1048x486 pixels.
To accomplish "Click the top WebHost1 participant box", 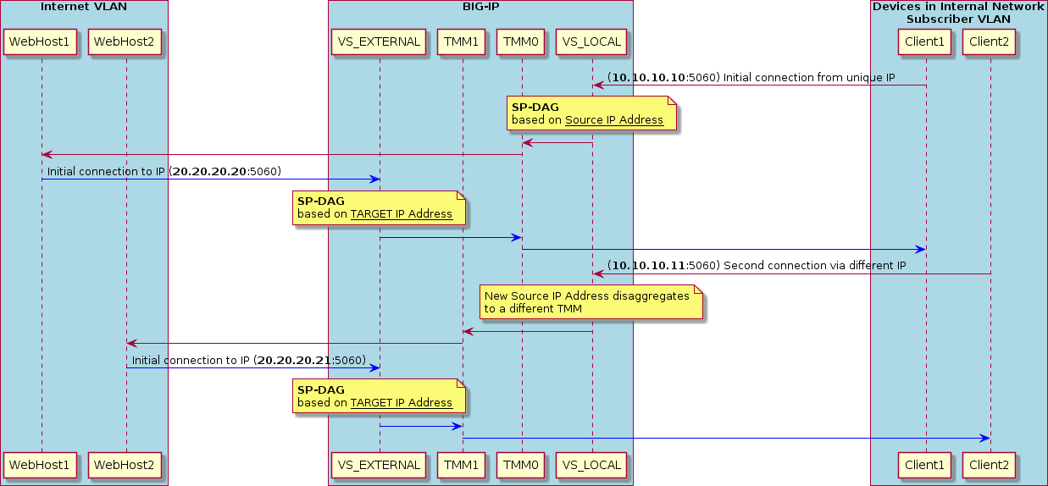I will pyautogui.click(x=42, y=41).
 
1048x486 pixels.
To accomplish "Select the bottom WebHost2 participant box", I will pyautogui.click(x=126, y=465).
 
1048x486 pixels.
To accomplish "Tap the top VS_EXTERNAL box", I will pyautogui.click(x=380, y=41).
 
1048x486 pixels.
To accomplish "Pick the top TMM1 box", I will pyautogui.click(x=463, y=41).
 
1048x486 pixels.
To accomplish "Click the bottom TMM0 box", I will pyautogui.click(x=522, y=465).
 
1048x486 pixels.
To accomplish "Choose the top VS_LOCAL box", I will pyautogui.click(x=591, y=41).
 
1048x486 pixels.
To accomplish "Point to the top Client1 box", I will pyautogui.click(x=926, y=41).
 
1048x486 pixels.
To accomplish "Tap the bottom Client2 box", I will pyautogui.click(x=990, y=465).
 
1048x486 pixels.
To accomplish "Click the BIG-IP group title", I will pyautogui.click(x=480, y=7).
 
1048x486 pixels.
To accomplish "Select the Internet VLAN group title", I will pyautogui.click(x=83, y=7).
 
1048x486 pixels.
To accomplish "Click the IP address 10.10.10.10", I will pyautogui.click(x=648, y=78).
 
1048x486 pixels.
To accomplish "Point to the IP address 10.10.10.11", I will pyautogui.click(x=648, y=267).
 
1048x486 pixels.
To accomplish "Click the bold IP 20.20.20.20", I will pyautogui.click(x=209, y=172).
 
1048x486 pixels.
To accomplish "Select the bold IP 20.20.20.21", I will pyautogui.click(x=294, y=361).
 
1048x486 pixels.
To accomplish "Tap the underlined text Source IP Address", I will pyautogui.click(x=613, y=120).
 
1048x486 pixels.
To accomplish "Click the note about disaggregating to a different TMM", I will pyautogui.click(x=591, y=302).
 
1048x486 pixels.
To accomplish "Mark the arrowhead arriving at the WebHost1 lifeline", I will pyautogui.click(x=47, y=154).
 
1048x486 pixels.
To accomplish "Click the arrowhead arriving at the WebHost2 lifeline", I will pyautogui.click(x=132, y=343).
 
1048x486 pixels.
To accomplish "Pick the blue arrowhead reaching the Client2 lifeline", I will pyautogui.click(x=984, y=438).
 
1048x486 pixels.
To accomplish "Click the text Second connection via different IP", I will pyautogui.click(x=814, y=267).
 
